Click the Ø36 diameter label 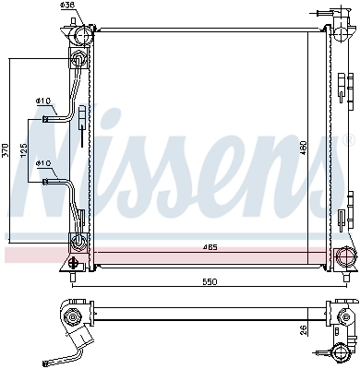[x=66, y=6]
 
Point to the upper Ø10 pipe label [x=42, y=101]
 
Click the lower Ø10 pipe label [x=42, y=164]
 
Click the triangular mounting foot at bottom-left [x=72, y=263]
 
